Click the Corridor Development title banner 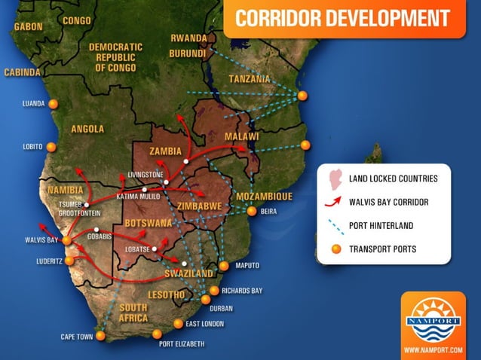pos(343,18)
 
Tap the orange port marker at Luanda pos(53,104)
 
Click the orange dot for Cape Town pos(100,336)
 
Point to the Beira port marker pos(252,212)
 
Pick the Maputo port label pos(247,266)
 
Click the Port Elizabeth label pos(182,344)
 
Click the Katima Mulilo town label pos(138,197)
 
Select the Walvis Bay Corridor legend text pos(388,201)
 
